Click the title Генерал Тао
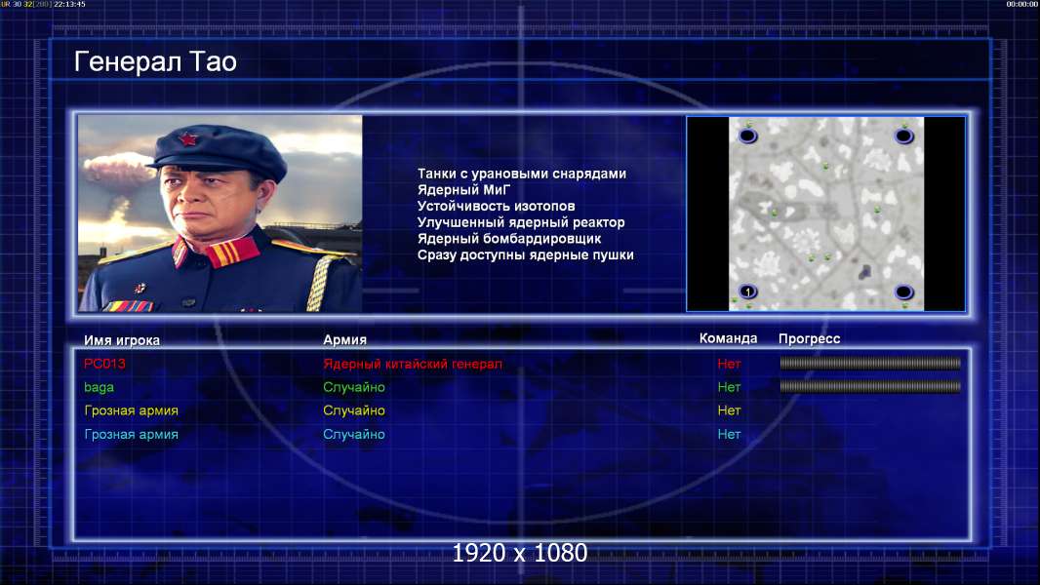click(x=155, y=61)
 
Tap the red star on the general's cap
click(x=187, y=139)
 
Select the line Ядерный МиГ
click(x=463, y=190)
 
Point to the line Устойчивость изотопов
click(x=497, y=206)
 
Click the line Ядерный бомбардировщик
click(x=508, y=239)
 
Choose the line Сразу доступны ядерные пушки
click(x=525, y=255)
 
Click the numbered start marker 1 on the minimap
click(x=748, y=292)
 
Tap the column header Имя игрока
click(x=121, y=340)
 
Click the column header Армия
click(x=345, y=340)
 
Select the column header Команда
click(x=728, y=338)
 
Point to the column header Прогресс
click(x=809, y=339)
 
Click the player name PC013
click(x=104, y=364)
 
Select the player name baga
click(x=99, y=388)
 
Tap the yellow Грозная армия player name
click(x=131, y=410)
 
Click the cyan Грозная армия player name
click(x=131, y=435)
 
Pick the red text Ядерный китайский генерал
click(x=413, y=364)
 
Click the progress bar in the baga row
click(x=870, y=386)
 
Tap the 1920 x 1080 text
click(x=520, y=553)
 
